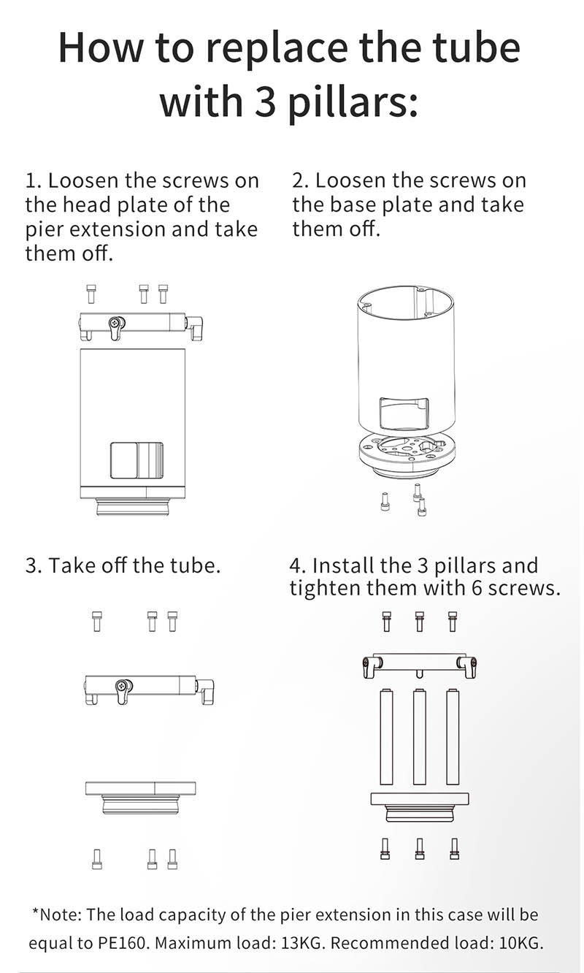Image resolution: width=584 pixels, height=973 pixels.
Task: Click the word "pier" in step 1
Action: pos(42,230)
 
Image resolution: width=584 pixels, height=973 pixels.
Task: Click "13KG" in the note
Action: pos(301,943)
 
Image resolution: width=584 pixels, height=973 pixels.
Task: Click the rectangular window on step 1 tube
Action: pos(137,460)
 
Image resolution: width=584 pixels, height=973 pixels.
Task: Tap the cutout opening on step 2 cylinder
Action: pos(404,413)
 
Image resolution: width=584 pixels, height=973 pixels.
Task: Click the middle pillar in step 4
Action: pos(420,737)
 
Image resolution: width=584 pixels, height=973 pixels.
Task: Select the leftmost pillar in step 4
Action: pos(386,737)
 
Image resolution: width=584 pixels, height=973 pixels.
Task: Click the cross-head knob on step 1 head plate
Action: pos(115,324)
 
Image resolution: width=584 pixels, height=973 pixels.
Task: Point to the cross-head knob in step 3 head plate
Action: pos(122,687)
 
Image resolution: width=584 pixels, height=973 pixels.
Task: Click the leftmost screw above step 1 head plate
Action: pos(91,294)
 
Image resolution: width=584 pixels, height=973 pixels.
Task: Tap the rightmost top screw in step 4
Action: pos(453,621)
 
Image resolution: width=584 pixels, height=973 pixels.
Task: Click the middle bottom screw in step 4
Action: pos(420,849)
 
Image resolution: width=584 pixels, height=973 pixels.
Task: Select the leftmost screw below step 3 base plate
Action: pos(97,859)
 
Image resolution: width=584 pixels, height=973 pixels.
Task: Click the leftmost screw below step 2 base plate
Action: pos(384,502)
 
